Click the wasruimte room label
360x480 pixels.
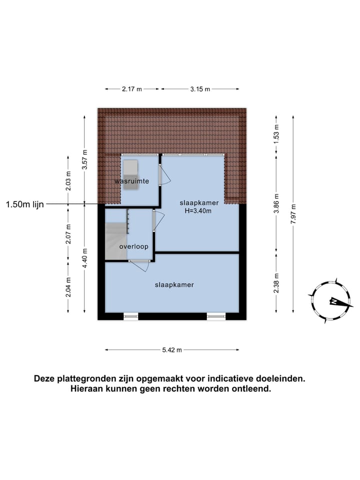[x=131, y=181]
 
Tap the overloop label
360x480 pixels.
[x=133, y=247]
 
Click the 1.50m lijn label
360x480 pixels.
[x=25, y=204]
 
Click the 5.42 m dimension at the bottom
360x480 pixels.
[x=172, y=350]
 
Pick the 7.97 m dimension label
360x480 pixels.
[x=293, y=214]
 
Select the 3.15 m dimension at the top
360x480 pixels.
[x=200, y=89]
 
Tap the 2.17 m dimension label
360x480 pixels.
[x=132, y=89]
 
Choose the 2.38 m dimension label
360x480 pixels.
[x=276, y=283]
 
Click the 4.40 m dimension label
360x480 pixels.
[x=84, y=258]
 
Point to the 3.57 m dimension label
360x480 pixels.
[x=84, y=159]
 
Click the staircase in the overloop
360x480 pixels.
[x=116, y=239]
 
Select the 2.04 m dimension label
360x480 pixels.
[x=68, y=287]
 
